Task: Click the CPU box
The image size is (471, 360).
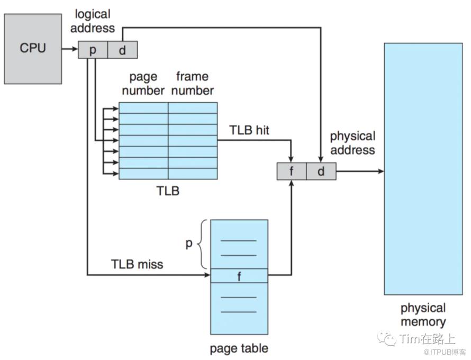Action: (33, 48)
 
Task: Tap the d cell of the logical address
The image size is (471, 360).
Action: (123, 50)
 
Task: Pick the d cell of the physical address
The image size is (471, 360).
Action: (321, 172)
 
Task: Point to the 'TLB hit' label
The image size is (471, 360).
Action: (249, 130)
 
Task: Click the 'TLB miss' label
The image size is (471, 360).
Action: (137, 263)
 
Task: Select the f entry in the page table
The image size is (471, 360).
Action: (239, 276)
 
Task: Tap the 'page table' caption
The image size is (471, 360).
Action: (239, 348)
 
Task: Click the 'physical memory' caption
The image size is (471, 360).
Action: (423, 314)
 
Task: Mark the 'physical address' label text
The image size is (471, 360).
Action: (352, 143)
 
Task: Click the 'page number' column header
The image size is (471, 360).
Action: (143, 83)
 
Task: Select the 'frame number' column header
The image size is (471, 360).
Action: (192, 83)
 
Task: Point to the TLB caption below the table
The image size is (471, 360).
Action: (168, 191)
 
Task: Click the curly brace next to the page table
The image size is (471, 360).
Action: (202, 245)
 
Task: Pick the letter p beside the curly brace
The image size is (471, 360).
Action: (188, 245)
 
